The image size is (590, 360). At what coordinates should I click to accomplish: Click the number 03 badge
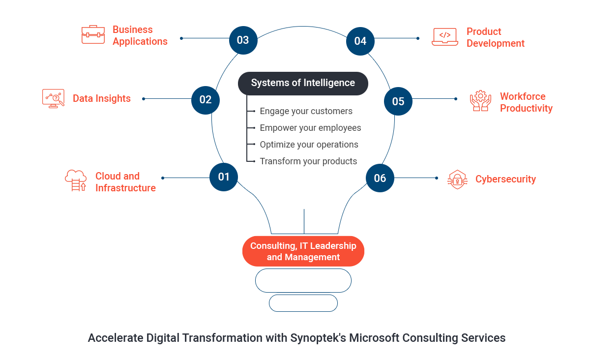coord(243,40)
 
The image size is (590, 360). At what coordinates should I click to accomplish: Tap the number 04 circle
coord(360,41)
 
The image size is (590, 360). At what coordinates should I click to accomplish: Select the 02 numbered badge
coord(205,100)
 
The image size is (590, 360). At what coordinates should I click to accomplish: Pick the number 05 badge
coord(398,101)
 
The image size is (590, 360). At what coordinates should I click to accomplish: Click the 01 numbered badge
coord(224,177)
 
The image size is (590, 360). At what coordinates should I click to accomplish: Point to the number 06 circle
coord(380,178)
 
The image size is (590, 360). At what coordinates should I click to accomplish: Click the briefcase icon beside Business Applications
coord(93,34)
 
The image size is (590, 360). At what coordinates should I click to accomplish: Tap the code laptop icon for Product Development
coord(444,36)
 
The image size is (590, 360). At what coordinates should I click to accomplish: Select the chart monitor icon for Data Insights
coord(53,98)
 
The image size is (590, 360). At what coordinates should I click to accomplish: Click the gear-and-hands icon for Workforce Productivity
coord(480,100)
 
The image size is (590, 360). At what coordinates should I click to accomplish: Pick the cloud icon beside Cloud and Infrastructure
coord(76,180)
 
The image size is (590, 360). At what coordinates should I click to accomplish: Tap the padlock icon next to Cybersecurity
coord(457,180)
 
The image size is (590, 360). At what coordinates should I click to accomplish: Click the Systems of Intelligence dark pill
coord(303,83)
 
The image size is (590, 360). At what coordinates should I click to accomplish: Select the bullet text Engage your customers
coord(306,111)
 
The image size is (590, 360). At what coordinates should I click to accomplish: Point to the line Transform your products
coord(308,161)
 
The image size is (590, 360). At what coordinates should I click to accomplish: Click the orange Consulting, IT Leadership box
coord(303,251)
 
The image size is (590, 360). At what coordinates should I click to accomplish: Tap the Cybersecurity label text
coord(505,180)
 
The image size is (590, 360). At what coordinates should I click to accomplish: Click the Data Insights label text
coord(102,98)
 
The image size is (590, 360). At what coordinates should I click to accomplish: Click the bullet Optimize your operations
coord(309,145)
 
